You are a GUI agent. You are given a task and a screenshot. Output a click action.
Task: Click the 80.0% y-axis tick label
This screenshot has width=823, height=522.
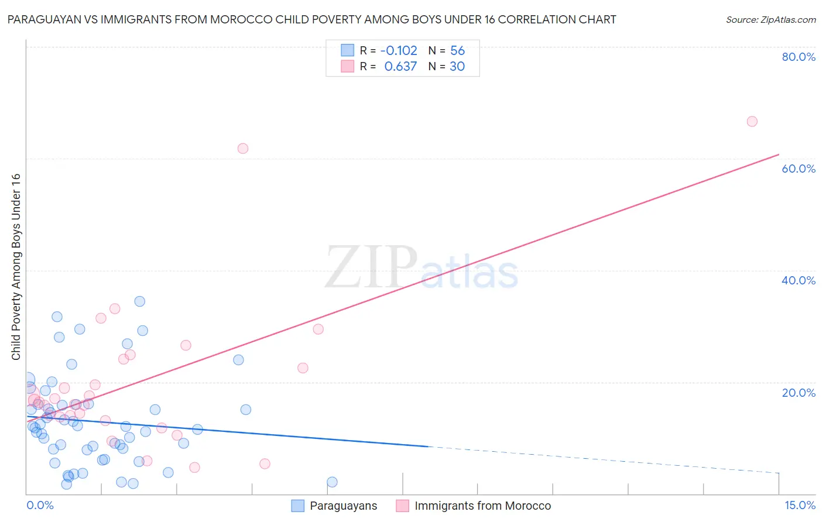click(798, 57)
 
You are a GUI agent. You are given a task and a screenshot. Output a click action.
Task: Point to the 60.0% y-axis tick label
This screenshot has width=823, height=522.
click(798, 169)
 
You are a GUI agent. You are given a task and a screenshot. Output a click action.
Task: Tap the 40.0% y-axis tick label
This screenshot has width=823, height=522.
click(798, 280)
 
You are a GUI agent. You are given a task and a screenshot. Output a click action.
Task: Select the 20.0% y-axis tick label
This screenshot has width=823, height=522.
click(798, 392)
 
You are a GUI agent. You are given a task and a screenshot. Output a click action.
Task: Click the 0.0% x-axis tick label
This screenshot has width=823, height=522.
click(40, 505)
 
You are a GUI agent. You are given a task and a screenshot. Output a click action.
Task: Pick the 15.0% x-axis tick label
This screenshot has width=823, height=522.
click(800, 505)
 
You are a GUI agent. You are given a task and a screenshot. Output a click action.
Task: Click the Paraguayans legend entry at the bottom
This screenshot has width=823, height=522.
click(343, 506)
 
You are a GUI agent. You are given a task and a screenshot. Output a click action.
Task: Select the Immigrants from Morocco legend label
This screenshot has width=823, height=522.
click(482, 506)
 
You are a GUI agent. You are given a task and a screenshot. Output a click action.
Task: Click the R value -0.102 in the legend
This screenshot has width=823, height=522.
click(399, 50)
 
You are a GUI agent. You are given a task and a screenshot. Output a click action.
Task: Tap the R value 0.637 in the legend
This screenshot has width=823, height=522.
click(400, 66)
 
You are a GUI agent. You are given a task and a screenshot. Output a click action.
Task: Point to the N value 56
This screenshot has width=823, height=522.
click(457, 50)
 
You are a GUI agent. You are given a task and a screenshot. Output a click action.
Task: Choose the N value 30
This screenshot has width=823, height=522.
click(457, 66)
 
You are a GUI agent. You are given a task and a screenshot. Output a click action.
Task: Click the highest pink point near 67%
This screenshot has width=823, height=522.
click(752, 121)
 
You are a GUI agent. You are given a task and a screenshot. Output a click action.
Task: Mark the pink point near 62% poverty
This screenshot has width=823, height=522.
click(243, 148)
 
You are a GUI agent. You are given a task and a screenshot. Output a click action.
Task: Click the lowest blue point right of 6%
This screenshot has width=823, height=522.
click(332, 482)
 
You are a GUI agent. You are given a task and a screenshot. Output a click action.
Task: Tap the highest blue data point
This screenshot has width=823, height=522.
click(140, 301)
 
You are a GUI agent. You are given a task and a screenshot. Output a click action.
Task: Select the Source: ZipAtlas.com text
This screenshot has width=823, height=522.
click(770, 19)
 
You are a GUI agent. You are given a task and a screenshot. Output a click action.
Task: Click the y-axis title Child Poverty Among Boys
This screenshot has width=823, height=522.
click(16, 266)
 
